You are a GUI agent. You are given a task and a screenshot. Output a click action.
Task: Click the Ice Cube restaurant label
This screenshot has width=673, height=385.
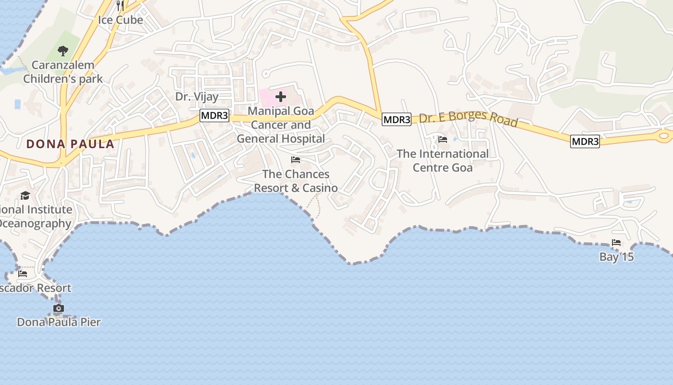tap(120, 20)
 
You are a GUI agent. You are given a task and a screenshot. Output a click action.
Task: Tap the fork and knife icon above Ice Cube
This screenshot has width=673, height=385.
tap(120, 6)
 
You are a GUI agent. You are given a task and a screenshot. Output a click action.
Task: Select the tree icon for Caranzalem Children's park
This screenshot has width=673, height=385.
tap(62, 51)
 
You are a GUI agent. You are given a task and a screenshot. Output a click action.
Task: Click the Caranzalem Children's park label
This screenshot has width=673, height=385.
tap(63, 71)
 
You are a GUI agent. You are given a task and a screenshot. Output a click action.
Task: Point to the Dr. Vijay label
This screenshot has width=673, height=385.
tap(197, 96)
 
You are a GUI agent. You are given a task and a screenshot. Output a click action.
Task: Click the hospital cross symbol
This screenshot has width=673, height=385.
tap(281, 97)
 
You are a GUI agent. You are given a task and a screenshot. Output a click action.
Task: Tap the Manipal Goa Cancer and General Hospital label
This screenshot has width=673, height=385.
tap(281, 125)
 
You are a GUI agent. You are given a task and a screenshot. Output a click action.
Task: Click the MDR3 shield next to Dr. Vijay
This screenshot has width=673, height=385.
tap(214, 116)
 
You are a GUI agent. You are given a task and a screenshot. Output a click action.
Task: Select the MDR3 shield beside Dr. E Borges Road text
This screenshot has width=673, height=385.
tap(397, 119)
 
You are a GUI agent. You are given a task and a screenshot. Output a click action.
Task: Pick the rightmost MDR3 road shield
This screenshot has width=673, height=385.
tap(585, 141)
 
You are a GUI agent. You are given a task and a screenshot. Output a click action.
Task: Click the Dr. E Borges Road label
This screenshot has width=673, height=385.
tap(468, 119)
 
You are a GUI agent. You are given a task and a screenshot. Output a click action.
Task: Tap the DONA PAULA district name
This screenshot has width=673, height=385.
tap(70, 143)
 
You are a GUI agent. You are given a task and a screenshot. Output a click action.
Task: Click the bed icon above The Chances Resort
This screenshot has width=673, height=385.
tap(296, 160)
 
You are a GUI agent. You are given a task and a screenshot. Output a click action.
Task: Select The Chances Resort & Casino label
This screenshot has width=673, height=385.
tap(296, 181)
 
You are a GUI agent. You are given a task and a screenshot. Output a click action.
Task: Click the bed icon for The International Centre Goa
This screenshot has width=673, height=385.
tap(443, 140)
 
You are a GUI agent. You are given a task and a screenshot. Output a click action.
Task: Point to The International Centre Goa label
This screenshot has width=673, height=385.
tap(442, 161)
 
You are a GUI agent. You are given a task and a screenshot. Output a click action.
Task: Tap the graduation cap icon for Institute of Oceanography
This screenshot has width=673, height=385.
tap(25, 195)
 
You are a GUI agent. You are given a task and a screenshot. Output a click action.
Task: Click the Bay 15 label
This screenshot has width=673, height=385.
tap(616, 257)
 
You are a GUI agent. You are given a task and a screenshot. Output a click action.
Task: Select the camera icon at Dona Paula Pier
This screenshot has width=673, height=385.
tap(59, 308)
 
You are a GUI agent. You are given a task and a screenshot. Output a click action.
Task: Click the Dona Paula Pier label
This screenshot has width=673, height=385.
tap(59, 322)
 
